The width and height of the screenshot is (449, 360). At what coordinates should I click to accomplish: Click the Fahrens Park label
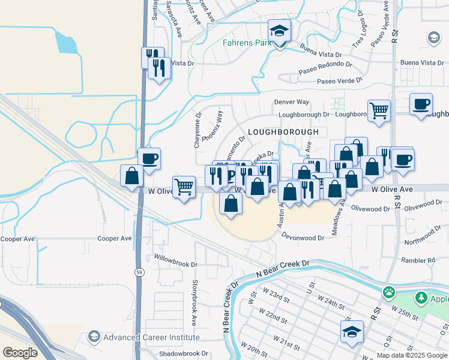coord(247,43)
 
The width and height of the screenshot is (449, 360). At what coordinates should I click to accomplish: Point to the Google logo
coord(19,353)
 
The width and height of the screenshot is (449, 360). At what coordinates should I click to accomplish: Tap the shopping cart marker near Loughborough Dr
coord(379,111)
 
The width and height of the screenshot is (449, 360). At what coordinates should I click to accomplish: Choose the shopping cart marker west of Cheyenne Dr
coord(183,187)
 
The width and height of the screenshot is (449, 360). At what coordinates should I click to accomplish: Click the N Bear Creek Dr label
coord(282,269)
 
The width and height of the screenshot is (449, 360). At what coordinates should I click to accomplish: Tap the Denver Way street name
coord(292,103)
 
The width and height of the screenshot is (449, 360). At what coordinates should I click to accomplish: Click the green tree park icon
coord(421,299)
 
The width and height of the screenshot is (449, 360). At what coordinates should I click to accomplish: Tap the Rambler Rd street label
coord(419,260)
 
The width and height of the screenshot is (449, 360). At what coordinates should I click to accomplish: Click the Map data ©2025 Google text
coord(412,355)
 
